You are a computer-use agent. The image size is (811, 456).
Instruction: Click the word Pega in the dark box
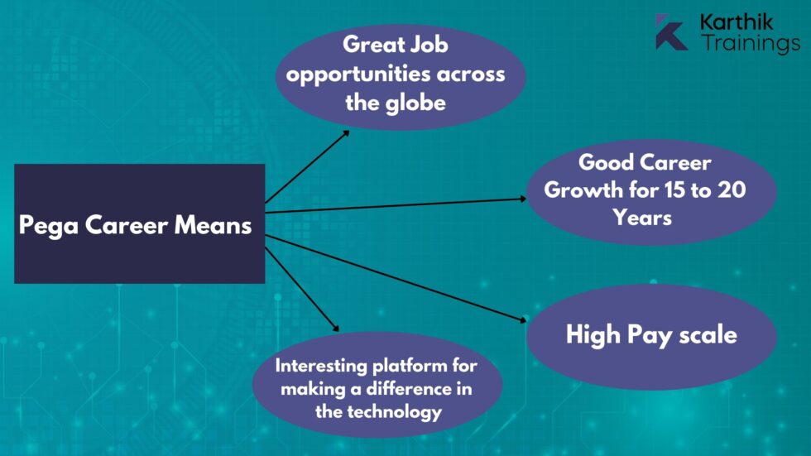click(x=48, y=224)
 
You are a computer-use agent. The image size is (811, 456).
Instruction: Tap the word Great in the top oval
click(x=373, y=44)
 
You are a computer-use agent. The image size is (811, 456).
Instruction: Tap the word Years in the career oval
click(x=642, y=218)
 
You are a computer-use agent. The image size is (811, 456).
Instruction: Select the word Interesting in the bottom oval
click(x=319, y=365)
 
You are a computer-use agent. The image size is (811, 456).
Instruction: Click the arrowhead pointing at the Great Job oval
click(x=347, y=131)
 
